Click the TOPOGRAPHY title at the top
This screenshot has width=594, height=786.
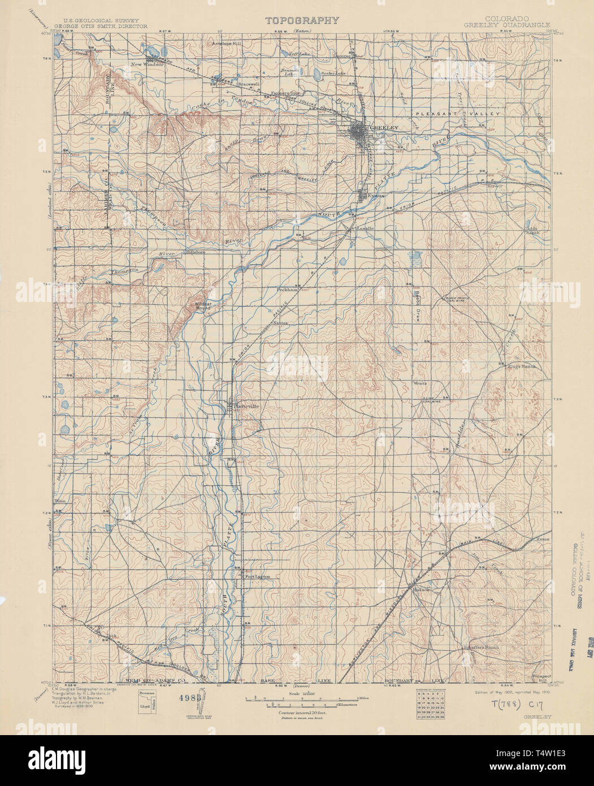click(302, 20)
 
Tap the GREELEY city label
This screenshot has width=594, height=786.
click(385, 128)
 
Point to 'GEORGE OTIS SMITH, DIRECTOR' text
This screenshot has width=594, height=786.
click(101, 26)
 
